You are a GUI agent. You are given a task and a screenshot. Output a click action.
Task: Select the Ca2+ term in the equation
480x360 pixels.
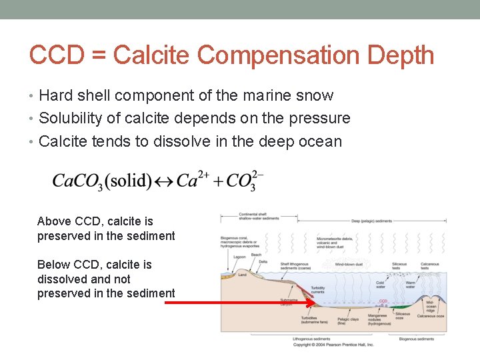click(x=193, y=180)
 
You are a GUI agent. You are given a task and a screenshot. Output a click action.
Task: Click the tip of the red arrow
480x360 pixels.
click(x=315, y=302)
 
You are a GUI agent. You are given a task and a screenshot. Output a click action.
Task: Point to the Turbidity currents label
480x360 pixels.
click(x=300, y=289)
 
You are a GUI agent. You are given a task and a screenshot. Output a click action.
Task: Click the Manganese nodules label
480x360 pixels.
click(x=377, y=319)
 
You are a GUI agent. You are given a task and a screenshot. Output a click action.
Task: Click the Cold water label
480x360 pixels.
click(x=381, y=285)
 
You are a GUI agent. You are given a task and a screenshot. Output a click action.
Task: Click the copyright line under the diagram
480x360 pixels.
click(x=333, y=345)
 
